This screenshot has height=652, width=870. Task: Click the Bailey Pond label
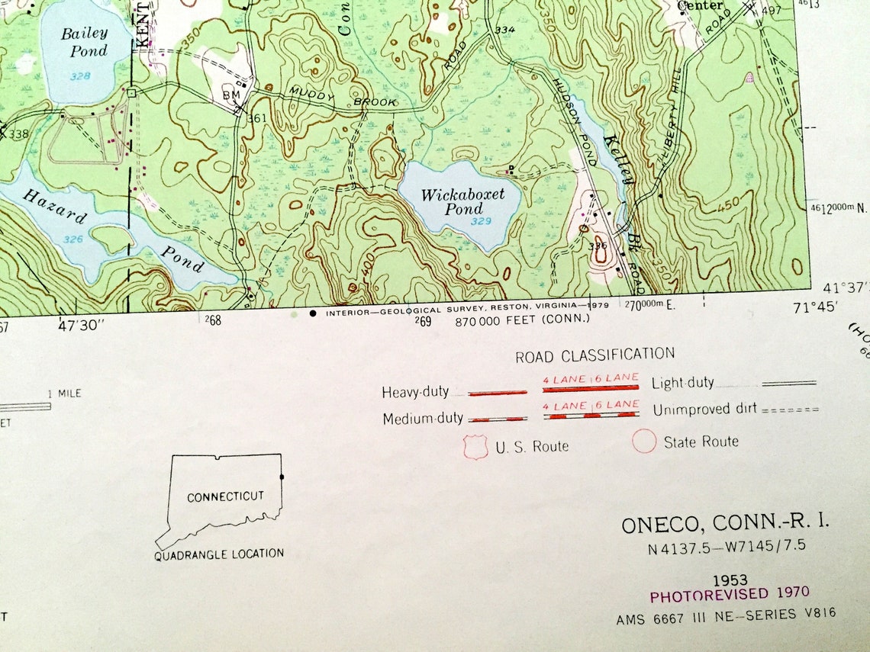point(84,42)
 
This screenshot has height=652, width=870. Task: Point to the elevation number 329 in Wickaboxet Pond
point(481,221)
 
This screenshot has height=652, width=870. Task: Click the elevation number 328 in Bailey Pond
point(82,76)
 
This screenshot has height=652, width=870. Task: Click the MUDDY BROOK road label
point(343,97)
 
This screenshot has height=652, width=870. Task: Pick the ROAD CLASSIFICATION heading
point(594,355)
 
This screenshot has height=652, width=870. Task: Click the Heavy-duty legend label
point(415,393)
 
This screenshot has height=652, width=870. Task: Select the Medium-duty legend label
point(423,419)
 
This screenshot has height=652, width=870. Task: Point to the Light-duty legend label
point(683,384)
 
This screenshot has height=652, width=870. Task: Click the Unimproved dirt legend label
point(704,410)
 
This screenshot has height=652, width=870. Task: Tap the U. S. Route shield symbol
point(475,447)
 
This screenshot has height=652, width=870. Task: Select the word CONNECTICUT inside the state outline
point(225,496)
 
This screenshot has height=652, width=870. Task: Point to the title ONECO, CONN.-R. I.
point(724,525)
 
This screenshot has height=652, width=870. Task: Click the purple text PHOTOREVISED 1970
point(729,594)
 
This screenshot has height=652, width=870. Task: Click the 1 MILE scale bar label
point(64,393)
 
